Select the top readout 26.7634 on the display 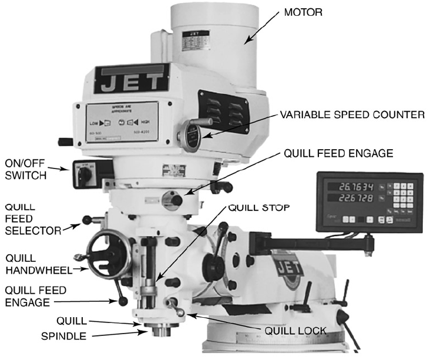(x=352, y=186)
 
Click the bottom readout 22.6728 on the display (x=352, y=198)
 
